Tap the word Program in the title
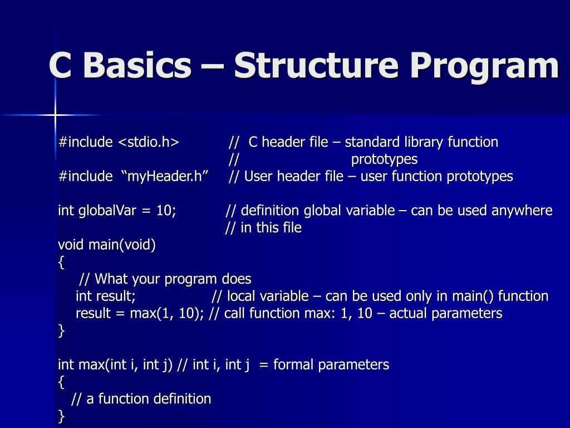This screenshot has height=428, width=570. (484, 66)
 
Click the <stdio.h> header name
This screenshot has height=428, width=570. (149, 143)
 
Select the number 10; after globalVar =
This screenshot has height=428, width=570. (166, 211)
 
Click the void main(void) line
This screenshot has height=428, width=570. (107, 245)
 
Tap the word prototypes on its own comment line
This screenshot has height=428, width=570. (384, 159)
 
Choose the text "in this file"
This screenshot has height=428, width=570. (271, 228)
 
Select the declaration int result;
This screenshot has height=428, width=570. (106, 296)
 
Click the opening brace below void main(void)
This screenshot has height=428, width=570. (61, 262)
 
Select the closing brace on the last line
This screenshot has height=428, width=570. (61, 416)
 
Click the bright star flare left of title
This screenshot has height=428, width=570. (55, 115)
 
